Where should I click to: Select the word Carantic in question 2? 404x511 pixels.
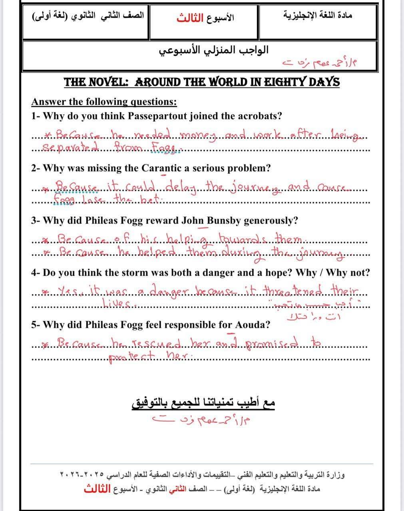(161, 168)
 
